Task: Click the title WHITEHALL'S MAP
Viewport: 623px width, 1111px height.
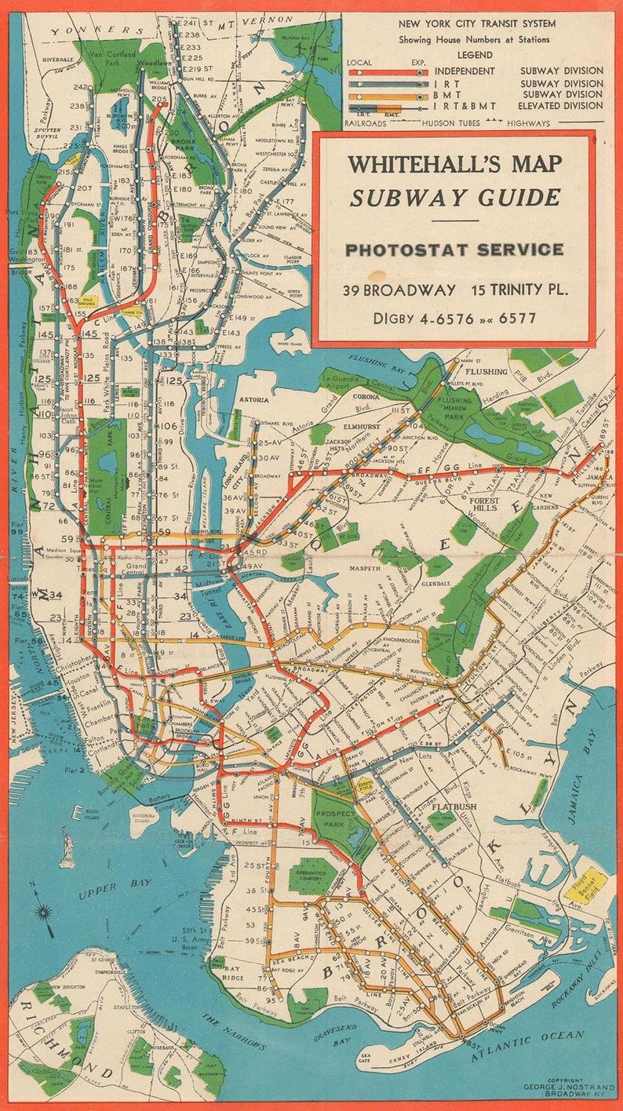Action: point(455,165)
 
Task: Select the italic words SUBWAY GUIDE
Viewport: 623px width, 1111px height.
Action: point(455,198)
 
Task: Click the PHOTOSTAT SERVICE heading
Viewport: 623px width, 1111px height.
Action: point(455,250)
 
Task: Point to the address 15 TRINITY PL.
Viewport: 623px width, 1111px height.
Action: point(519,290)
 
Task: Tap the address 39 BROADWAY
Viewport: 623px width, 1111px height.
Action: point(399,290)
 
